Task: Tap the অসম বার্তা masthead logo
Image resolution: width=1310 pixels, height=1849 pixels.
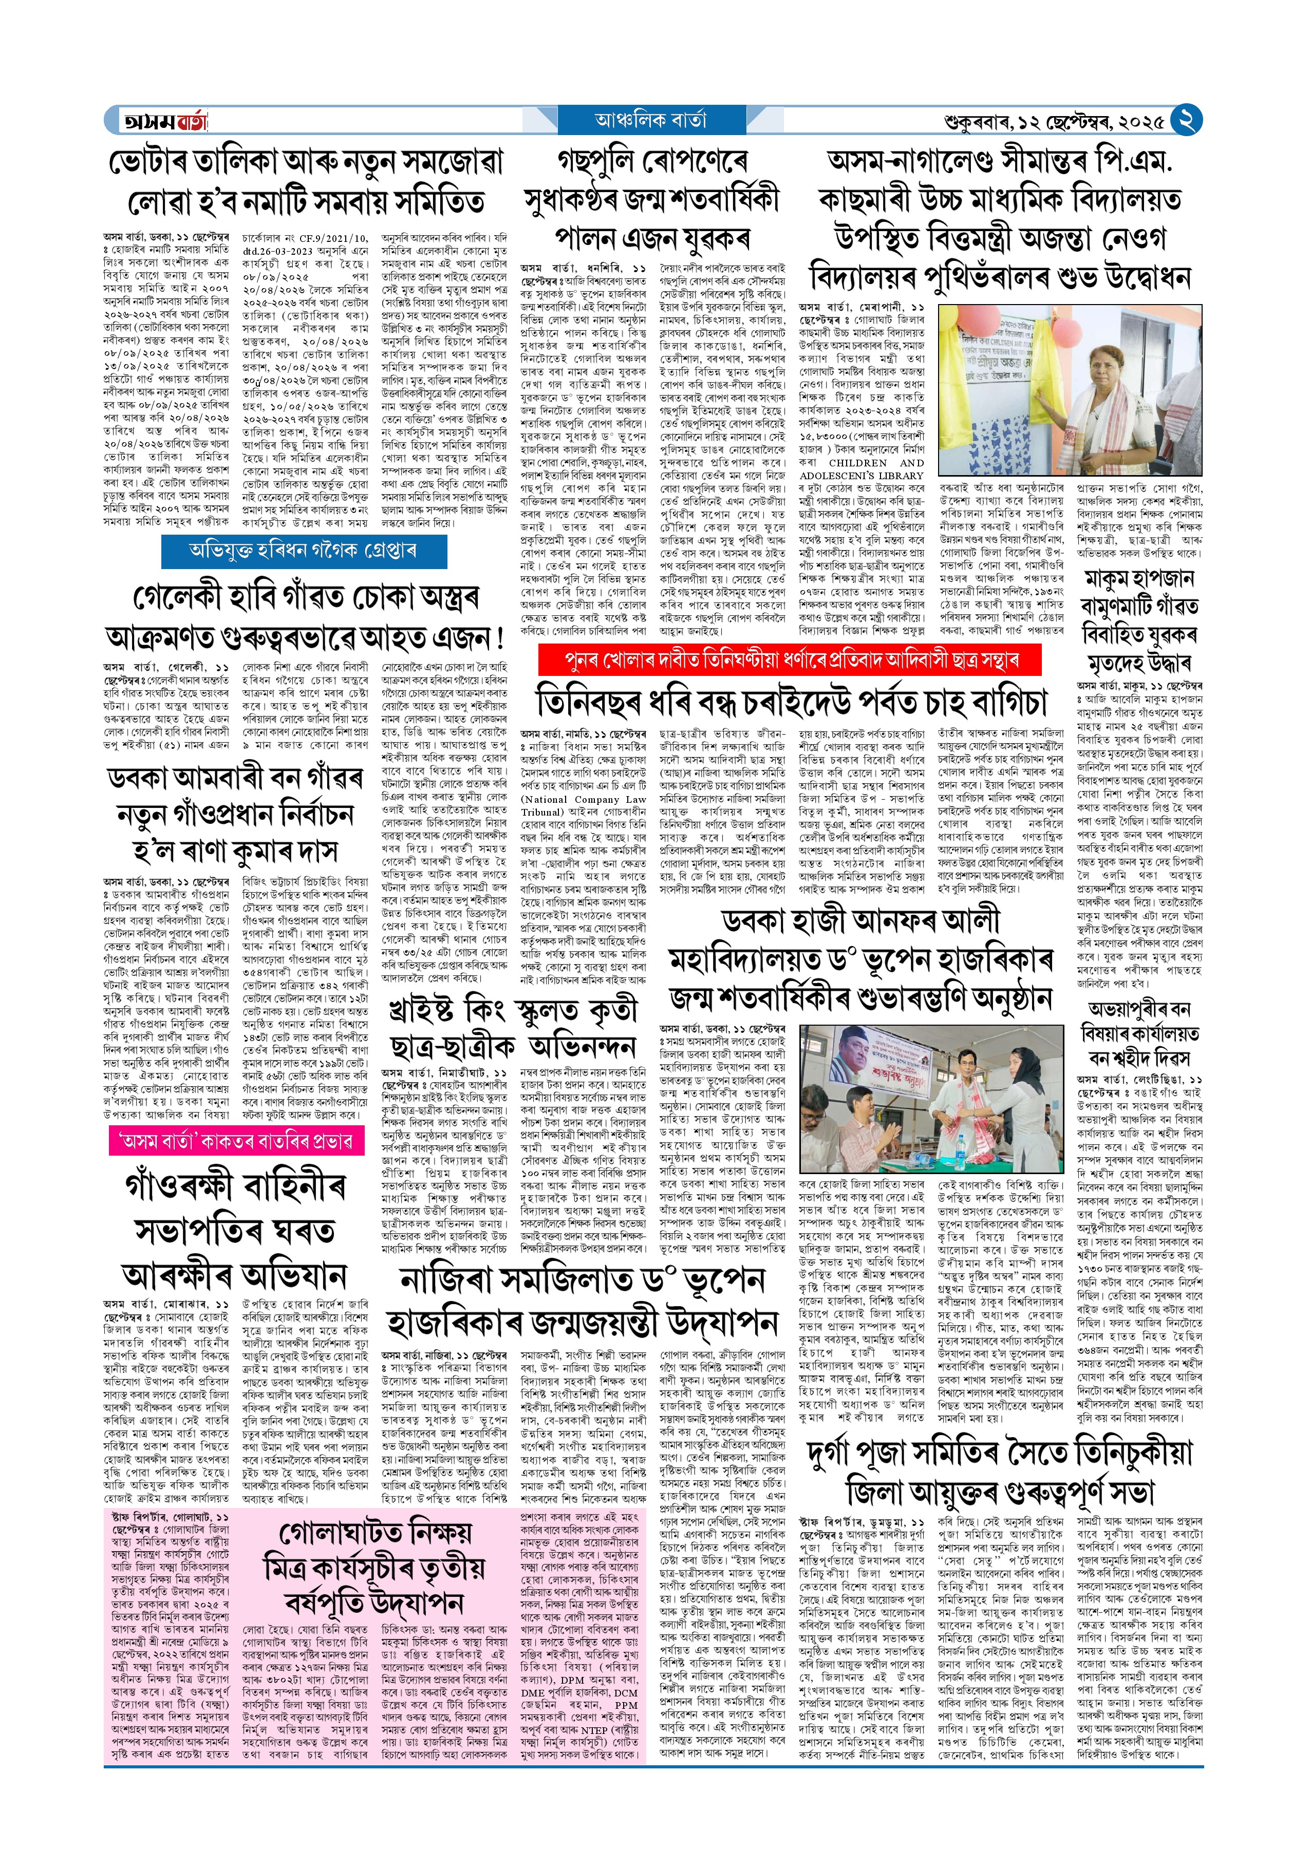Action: pos(164,121)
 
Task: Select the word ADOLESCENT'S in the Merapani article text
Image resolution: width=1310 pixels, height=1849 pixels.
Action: pos(846,476)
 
